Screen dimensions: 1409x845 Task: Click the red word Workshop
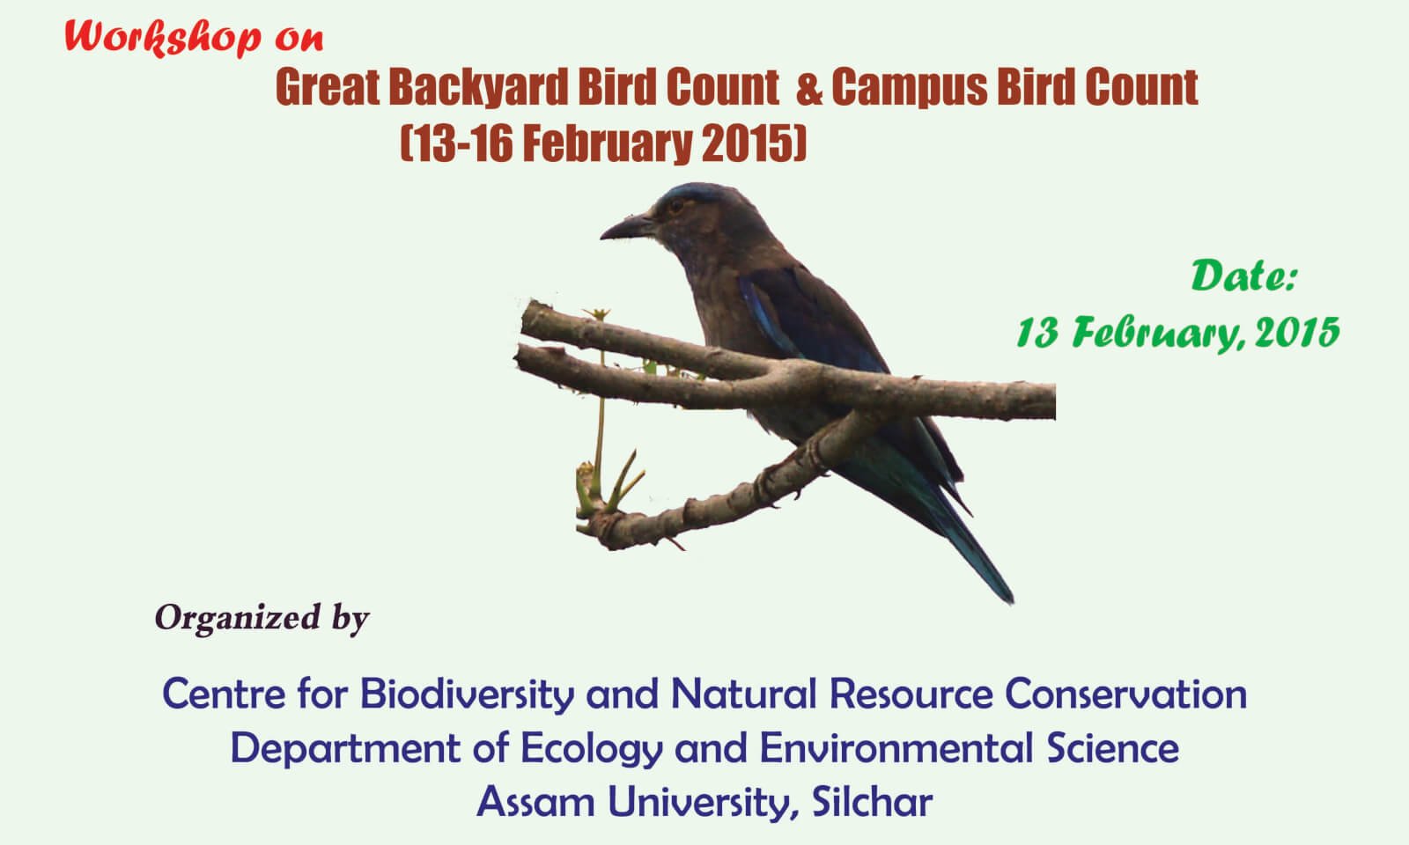click(x=162, y=38)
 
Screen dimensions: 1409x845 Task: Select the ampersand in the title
click(x=809, y=89)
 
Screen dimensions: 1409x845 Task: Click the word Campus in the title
click(x=910, y=88)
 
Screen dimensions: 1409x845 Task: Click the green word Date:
click(x=1244, y=276)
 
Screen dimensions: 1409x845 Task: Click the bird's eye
click(x=676, y=206)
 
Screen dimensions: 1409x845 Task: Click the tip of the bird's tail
click(x=1010, y=601)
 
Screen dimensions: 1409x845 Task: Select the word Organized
click(x=238, y=618)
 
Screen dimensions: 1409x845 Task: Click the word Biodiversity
click(x=467, y=694)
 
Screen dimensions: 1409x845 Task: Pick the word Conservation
click(x=1126, y=694)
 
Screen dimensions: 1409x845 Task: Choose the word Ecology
click(x=592, y=749)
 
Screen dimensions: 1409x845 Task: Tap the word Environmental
click(x=897, y=748)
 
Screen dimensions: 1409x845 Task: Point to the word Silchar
click(x=873, y=802)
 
